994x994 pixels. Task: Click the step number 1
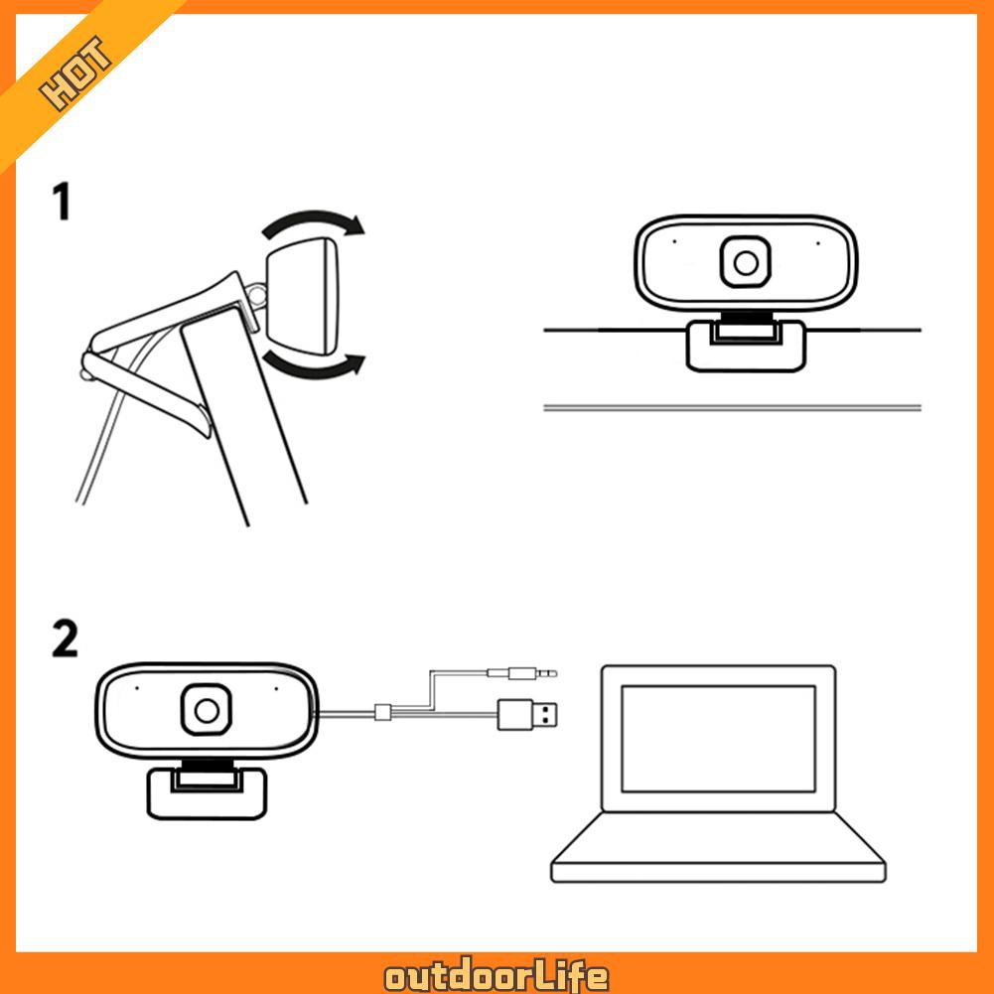tap(63, 202)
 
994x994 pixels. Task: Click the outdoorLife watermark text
tap(497, 976)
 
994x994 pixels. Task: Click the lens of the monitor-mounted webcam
tap(746, 262)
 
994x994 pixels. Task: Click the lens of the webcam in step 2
tap(207, 710)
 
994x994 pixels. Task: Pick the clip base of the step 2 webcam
tap(207, 792)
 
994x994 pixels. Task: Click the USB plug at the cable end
tap(530, 713)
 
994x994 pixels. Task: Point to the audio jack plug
tap(521, 673)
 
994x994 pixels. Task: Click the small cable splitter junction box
tap(382, 712)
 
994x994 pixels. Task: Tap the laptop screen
tap(718, 738)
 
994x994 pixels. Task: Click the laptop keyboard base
tap(718, 854)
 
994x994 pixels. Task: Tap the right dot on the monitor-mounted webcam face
tap(817, 241)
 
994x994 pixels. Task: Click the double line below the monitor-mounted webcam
tap(733, 407)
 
